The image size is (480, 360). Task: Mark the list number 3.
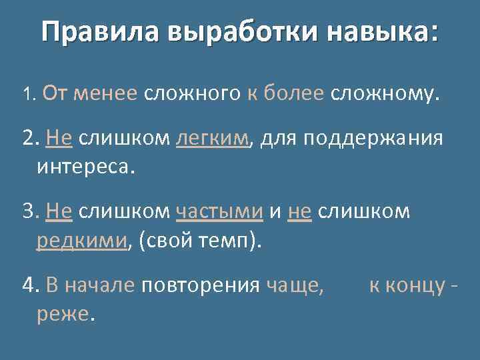29,212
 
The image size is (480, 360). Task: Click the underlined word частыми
220,212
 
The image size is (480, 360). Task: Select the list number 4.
29,286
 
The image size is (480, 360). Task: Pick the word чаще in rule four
294,286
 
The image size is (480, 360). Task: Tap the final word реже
65,313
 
